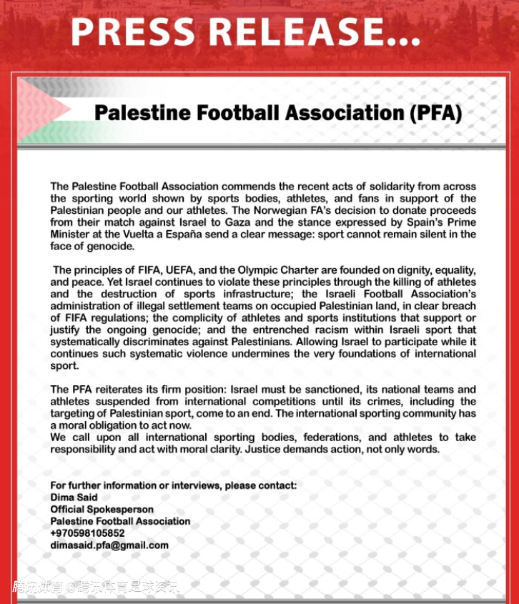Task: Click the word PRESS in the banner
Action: pos(134,32)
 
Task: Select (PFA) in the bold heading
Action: pos(434,113)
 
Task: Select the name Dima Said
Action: pos(74,497)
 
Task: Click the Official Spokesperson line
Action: pos(102,509)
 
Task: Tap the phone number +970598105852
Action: pos(87,533)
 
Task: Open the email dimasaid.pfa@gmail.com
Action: pos(109,545)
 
